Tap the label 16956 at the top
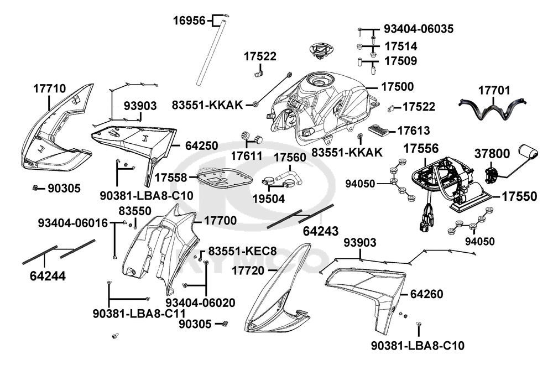pyautogui.click(x=189, y=21)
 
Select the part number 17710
pyautogui.click(x=49, y=88)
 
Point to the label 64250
pyautogui.click(x=201, y=146)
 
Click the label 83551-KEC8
pyautogui.click(x=242, y=251)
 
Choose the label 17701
pyautogui.click(x=494, y=90)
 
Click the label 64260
pyautogui.click(x=426, y=294)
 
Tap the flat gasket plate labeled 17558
pyautogui.click(x=223, y=178)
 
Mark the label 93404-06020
pyautogui.click(x=200, y=303)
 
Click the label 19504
pyautogui.click(x=268, y=197)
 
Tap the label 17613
pyautogui.click(x=414, y=131)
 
